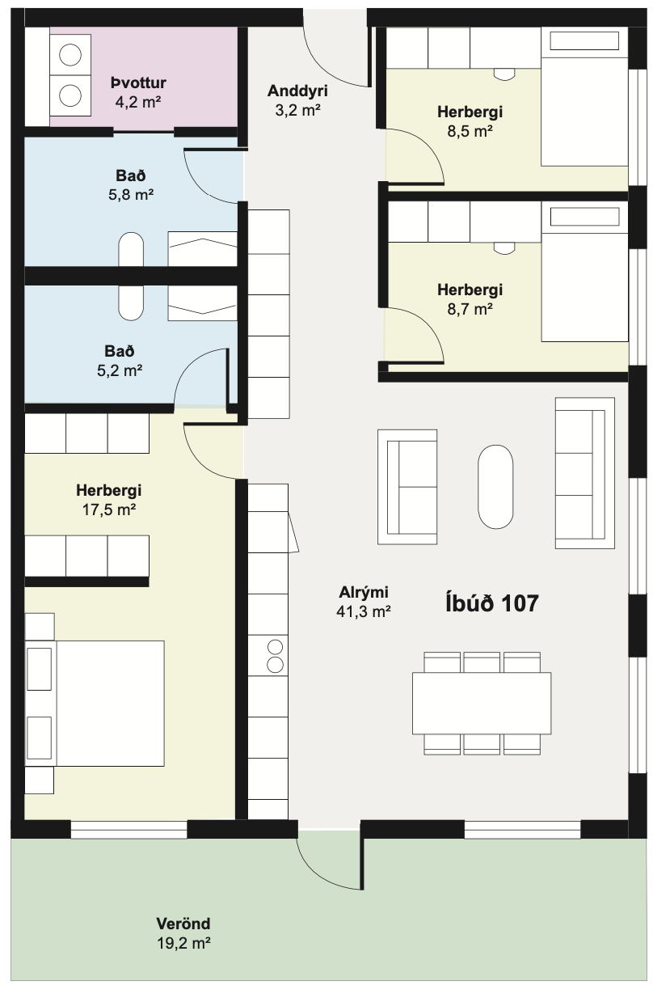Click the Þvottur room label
138,82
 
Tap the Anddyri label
297,91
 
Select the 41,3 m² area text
364,611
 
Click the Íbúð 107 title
492,603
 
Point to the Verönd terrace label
183,924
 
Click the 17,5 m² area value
109,510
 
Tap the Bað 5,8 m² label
131,185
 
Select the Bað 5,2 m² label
120,361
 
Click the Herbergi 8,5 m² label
470,121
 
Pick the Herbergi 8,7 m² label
470,299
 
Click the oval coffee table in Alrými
495,487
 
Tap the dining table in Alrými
482,703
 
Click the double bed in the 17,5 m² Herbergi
95,704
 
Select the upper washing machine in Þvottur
70,55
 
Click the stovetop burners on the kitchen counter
275,655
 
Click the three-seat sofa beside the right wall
585,473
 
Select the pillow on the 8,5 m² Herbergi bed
584,41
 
